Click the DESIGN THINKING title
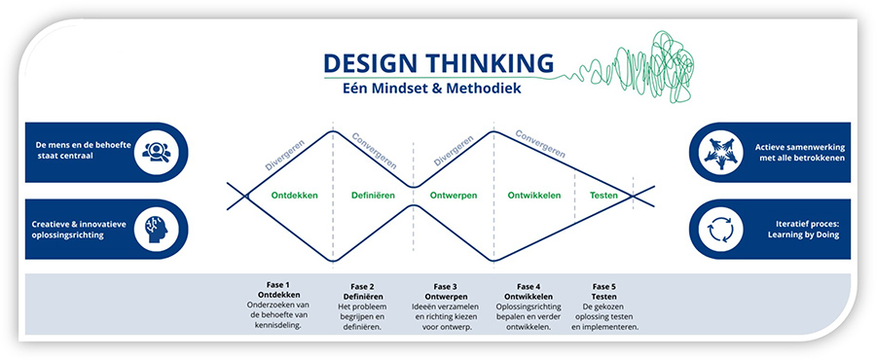438,63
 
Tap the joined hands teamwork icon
721,151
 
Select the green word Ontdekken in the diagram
269,195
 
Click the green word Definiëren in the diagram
373,195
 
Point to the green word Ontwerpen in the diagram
453,195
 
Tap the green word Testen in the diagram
603,195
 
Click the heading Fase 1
279,286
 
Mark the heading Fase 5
603,286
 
